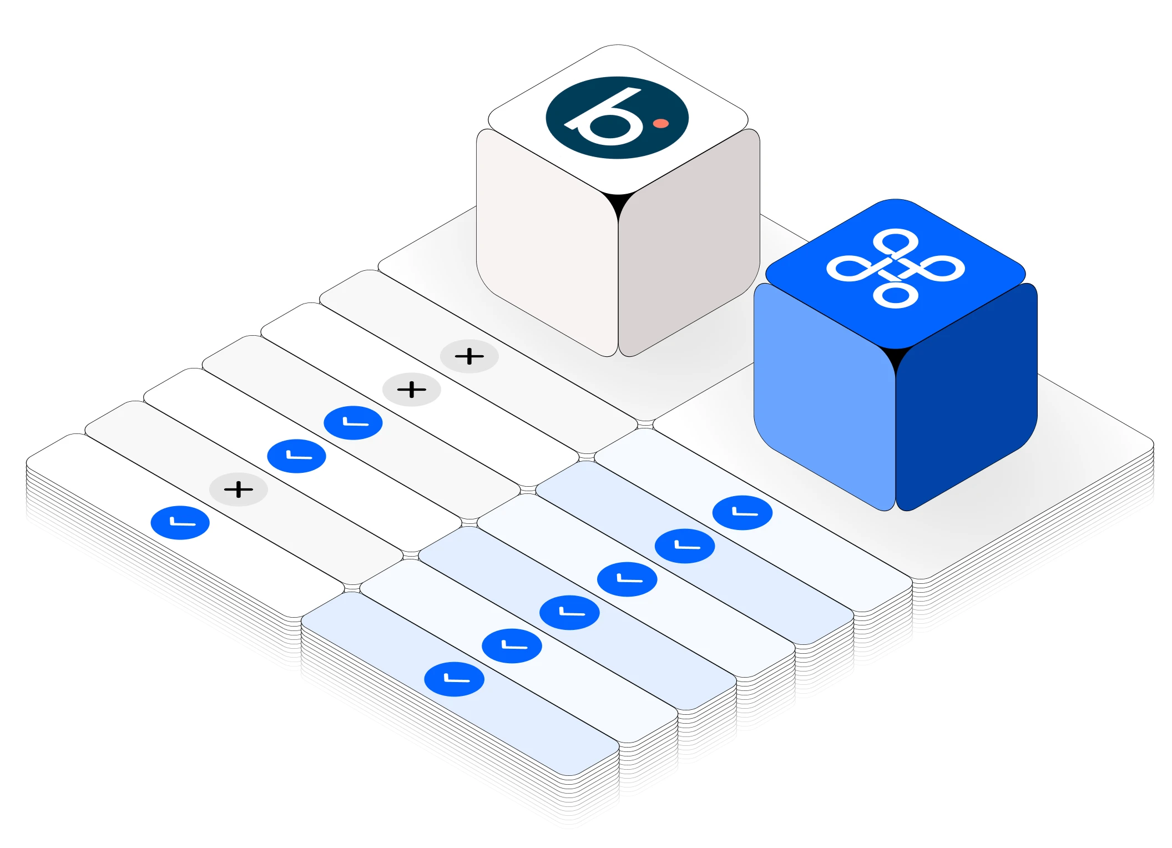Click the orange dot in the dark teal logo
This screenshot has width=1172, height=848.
(x=660, y=123)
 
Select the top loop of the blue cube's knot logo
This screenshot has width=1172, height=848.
(x=895, y=242)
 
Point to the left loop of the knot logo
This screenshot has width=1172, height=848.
(x=848, y=268)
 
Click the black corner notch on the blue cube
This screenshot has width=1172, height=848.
(x=895, y=358)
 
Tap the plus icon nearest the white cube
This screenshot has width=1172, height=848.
(x=469, y=356)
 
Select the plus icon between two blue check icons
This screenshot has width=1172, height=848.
(x=239, y=489)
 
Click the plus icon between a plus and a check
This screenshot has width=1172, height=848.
(x=412, y=390)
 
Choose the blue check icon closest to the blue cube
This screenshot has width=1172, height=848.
(x=742, y=513)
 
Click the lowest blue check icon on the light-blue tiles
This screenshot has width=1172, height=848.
(x=454, y=679)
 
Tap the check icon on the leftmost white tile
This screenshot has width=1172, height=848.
(x=180, y=523)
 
